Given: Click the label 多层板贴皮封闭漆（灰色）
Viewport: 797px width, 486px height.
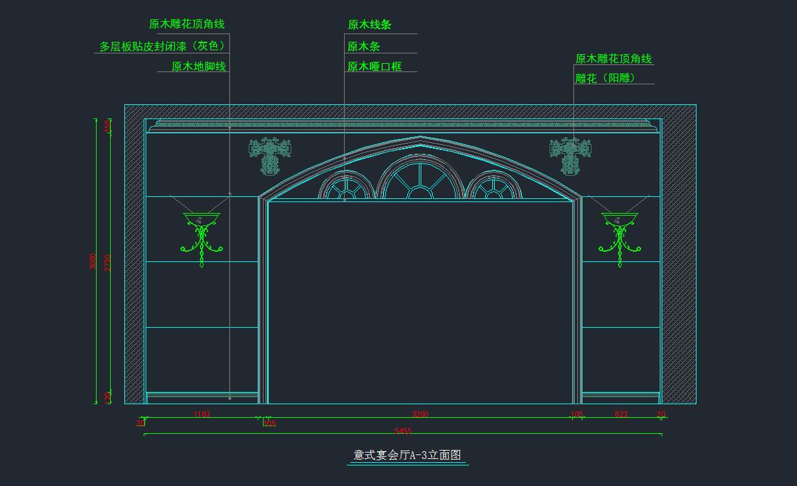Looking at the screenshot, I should [163, 46].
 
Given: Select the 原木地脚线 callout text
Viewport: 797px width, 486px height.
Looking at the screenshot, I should [198, 66].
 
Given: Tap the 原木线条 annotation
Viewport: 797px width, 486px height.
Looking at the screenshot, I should [370, 25].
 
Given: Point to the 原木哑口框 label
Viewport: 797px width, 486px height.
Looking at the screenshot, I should [374, 66].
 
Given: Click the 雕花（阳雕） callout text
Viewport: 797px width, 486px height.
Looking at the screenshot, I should [606, 79].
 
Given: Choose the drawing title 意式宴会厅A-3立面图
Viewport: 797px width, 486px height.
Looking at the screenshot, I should [407, 455].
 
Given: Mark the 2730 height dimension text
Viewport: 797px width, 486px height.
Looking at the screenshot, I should [108, 261].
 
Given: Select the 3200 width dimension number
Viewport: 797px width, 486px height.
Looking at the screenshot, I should [420, 415].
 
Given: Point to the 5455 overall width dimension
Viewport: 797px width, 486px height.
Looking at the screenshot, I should [403, 431].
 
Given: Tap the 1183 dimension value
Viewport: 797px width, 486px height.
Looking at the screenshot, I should [202, 415].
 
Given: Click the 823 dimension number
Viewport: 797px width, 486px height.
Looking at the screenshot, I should [620, 415].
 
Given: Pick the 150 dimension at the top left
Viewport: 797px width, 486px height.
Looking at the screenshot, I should [108, 126].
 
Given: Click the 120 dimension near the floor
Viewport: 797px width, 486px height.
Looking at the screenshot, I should [108, 397].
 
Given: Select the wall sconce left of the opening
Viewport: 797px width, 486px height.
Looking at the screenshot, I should [202, 235].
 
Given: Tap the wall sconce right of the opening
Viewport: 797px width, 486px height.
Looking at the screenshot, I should [620, 235].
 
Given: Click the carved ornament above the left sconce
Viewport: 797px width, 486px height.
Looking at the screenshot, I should [270, 155].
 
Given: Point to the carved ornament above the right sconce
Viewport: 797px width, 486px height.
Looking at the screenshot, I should [570, 155].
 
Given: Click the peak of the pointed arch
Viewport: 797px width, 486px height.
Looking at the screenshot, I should [420, 137].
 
